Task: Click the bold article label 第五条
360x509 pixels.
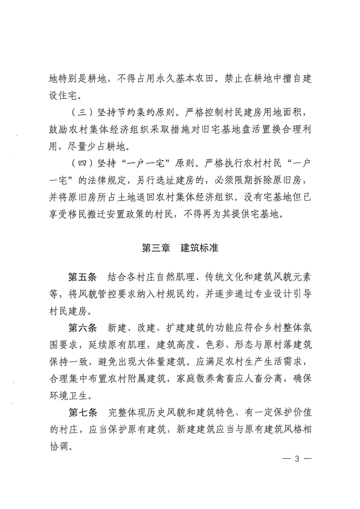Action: click(82, 278)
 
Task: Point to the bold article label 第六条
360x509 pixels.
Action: click(82, 328)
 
